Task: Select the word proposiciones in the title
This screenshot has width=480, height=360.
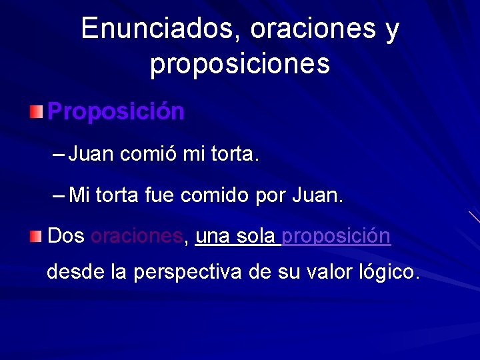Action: click(239, 64)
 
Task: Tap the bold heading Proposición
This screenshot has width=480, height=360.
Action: click(116, 111)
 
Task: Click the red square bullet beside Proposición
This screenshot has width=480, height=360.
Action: click(36, 111)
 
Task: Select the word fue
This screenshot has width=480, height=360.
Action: click(170, 195)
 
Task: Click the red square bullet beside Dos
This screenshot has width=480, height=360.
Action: click(36, 236)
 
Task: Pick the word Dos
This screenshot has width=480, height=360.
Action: click(66, 236)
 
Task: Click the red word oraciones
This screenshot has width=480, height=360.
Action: click(137, 236)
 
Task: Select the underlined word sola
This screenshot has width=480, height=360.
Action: click(255, 236)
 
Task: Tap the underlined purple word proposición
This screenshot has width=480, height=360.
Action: click(336, 236)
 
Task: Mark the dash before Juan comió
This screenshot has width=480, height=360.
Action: click(59, 155)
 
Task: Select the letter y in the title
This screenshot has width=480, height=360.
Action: click(392, 31)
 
